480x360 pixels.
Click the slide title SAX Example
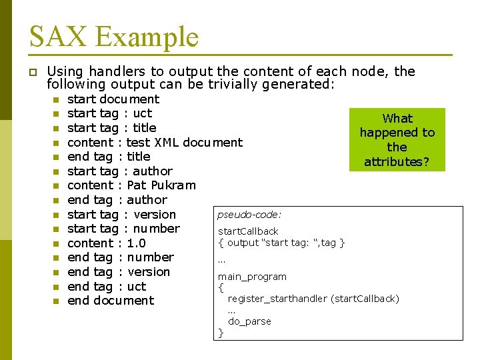(x=114, y=36)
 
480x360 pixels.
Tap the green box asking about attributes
(x=397, y=140)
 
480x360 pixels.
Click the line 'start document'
(x=113, y=99)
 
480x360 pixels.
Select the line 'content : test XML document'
(x=155, y=142)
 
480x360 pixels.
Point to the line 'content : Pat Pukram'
(x=131, y=185)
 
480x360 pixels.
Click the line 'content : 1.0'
(x=107, y=243)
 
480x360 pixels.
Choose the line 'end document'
(x=111, y=301)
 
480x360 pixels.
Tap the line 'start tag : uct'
(x=109, y=113)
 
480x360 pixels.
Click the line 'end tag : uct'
(x=107, y=287)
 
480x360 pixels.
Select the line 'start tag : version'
(x=121, y=215)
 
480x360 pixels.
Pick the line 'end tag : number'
(x=121, y=257)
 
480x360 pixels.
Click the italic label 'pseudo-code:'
(x=249, y=215)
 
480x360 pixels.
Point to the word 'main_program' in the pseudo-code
(x=252, y=277)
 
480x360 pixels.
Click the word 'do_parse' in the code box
(x=249, y=321)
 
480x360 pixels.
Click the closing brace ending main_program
(x=221, y=333)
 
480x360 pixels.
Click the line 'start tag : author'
(x=120, y=171)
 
